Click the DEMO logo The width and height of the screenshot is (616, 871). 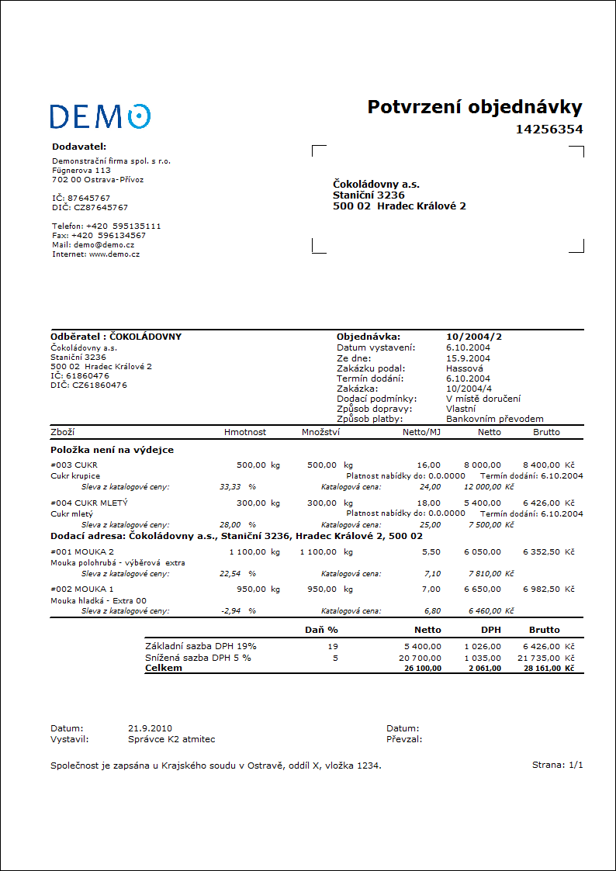[100, 116]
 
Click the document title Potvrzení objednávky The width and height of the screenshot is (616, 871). [474, 107]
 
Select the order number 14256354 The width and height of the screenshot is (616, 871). [549, 130]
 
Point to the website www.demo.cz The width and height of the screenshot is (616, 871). [114, 254]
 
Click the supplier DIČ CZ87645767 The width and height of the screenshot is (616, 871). [90, 208]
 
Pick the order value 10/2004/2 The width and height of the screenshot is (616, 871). [474, 337]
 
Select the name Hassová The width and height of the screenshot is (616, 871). [465, 368]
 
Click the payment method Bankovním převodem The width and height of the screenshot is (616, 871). [494, 418]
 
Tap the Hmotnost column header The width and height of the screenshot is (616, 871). [245, 432]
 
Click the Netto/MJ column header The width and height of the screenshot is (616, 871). [421, 432]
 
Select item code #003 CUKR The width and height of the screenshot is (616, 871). [74, 465]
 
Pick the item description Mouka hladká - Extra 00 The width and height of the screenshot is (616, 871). [99, 600]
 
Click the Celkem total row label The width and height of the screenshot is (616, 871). [164, 668]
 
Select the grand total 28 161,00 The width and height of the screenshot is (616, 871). [542, 668]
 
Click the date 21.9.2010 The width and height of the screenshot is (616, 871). [150, 728]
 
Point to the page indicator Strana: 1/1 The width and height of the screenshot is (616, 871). [557, 766]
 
